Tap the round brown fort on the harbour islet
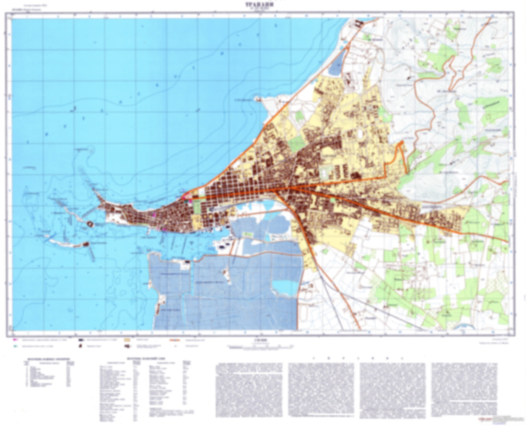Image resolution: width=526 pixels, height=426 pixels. (90, 224)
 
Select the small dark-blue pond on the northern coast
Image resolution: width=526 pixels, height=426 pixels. (336, 64)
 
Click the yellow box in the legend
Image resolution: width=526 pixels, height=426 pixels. (127, 339)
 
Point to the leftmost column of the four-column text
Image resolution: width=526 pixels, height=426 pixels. (249, 390)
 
